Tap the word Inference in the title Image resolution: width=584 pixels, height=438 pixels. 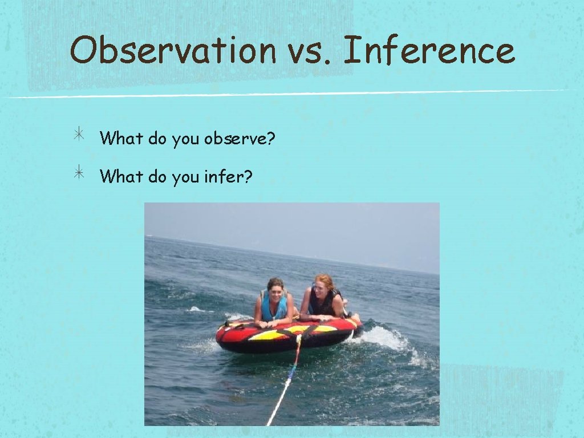pos(429,50)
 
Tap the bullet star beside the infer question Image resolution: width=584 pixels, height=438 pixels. pos(79,174)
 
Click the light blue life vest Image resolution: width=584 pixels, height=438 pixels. pos(274,309)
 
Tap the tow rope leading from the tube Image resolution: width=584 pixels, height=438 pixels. pos(285,388)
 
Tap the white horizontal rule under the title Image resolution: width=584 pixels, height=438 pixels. pos(285,94)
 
